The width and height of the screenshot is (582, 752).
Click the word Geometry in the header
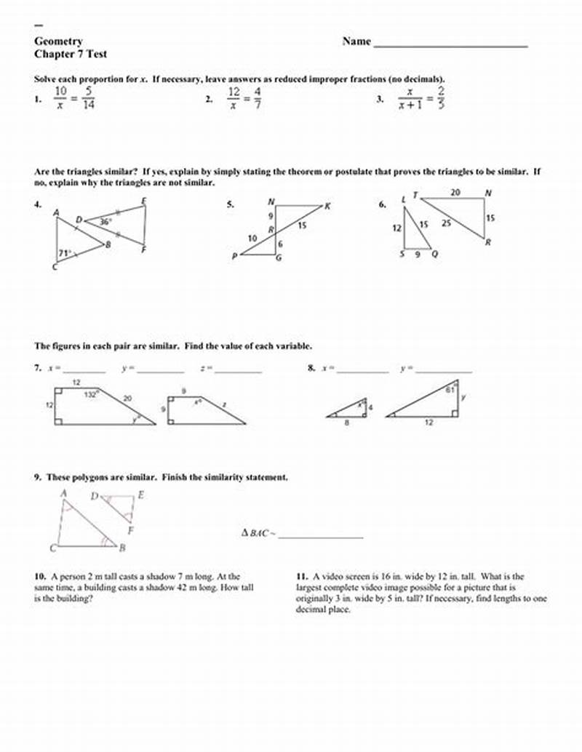coord(58,41)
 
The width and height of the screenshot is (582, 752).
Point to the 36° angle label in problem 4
coord(105,222)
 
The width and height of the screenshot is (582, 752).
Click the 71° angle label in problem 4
coord(65,254)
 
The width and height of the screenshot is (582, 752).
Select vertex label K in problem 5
coord(327,206)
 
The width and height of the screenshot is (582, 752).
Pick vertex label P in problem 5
coord(234,256)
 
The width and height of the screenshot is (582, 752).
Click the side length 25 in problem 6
coord(446,224)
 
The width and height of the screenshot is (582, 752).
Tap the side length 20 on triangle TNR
coord(455,193)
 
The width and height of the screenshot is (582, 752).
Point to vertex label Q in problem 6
coord(435,255)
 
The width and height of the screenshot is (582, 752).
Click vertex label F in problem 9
coord(130,530)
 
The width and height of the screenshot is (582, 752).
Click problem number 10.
coord(39,576)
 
